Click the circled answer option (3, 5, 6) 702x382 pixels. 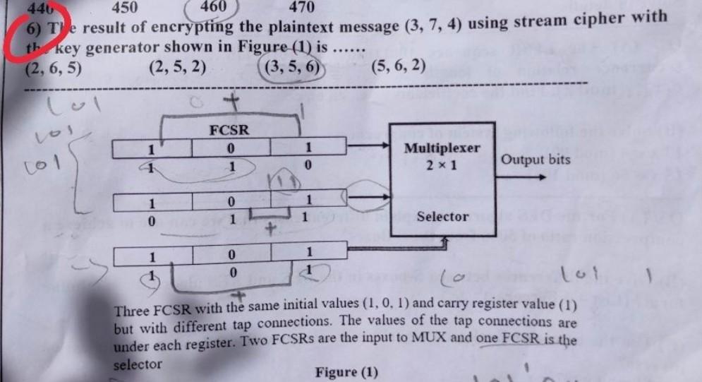(x=291, y=68)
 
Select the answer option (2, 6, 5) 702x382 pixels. (x=53, y=68)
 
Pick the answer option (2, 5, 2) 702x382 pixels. (x=178, y=68)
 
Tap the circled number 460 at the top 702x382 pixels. (x=212, y=7)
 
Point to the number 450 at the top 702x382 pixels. (x=124, y=8)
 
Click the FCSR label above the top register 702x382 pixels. (x=229, y=130)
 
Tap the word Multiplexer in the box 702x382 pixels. (x=442, y=149)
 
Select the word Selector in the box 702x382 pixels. (x=442, y=216)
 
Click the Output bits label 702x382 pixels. (x=535, y=160)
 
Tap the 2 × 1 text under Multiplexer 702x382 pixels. (x=441, y=165)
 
